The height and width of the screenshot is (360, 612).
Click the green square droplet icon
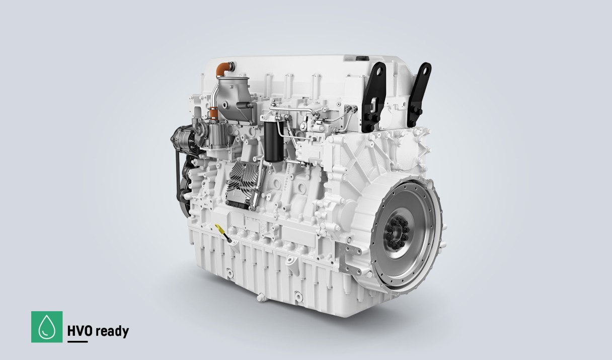(47, 327)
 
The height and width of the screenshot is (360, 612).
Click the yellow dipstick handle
(219, 228)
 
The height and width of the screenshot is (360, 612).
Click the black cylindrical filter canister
(273, 141)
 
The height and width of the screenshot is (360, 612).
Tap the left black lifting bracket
(374, 96)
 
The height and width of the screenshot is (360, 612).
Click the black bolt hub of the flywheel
(398, 232)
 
